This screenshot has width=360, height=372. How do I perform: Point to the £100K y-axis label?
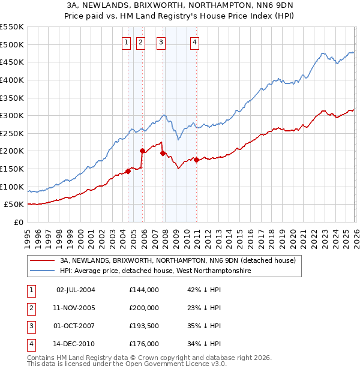coord(12,187)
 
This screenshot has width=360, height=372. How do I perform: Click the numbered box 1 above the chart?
coord(127,42)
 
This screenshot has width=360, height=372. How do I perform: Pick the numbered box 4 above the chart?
coord(196,42)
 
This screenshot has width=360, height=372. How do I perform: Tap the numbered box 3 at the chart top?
coord(161,42)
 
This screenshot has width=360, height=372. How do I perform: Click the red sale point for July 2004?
coord(128,171)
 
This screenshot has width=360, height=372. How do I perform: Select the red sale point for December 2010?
coord(196,160)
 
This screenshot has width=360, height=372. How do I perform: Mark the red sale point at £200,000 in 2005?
coord(142,151)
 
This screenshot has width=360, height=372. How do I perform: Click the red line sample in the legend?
coord(43,261)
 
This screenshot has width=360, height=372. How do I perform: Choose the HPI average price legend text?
coord(154,271)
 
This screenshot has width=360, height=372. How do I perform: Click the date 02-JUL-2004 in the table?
coord(76,290)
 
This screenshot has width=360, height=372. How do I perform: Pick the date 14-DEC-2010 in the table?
coord(76,344)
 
